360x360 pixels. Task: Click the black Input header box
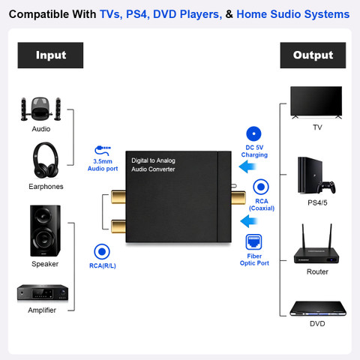(50, 55)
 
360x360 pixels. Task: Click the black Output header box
(313, 55)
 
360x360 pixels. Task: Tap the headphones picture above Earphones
(46, 160)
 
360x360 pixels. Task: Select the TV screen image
(316, 103)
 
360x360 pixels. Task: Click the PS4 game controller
(326, 187)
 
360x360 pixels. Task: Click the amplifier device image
(43, 292)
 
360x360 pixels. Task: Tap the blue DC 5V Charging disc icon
(253, 133)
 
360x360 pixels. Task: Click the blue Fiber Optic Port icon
(253, 242)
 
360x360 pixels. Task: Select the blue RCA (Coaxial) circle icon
(261, 187)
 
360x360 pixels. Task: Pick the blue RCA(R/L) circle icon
(102, 252)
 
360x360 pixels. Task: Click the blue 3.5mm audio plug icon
(103, 151)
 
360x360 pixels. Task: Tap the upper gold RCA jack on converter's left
(118, 197)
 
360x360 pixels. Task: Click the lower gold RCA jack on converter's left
(118, 226)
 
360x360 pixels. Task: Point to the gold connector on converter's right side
(238, 198)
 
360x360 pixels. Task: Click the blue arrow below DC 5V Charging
(247, 166)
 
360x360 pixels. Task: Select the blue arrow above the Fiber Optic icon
(249, 221)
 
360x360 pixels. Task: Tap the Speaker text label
(45, 264)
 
